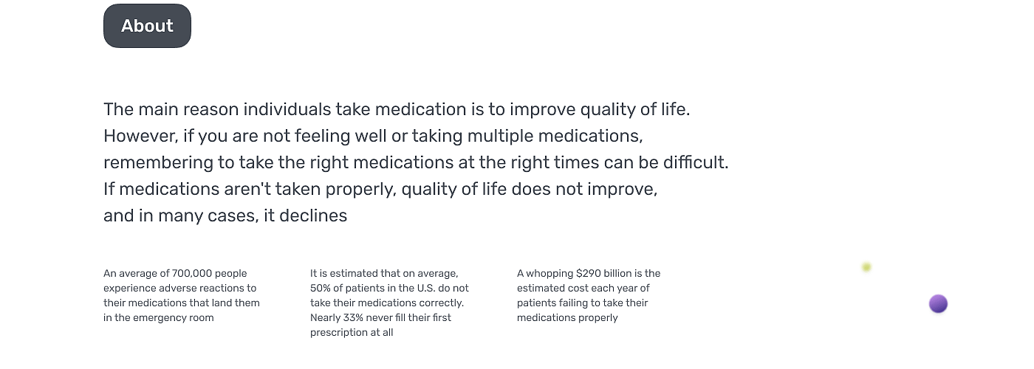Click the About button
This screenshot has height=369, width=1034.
click(x=147, y=26)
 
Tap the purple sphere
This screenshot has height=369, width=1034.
click(x=938, y=304)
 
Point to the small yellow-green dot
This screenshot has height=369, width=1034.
click(x=866, y=267)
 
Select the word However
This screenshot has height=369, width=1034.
click(x=140, y=136)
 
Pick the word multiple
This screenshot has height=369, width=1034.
click(x=500, y=136)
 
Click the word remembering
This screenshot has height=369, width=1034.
click(x=158, y=163)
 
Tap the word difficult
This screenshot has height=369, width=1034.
click(x=696, y=162)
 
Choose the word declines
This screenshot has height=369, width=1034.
click(x=313, y=215)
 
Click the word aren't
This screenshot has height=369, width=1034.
click(x=247, y=189)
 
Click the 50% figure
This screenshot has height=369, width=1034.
click(x=320, y=289)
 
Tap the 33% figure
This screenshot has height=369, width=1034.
click(x=353, y=318)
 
